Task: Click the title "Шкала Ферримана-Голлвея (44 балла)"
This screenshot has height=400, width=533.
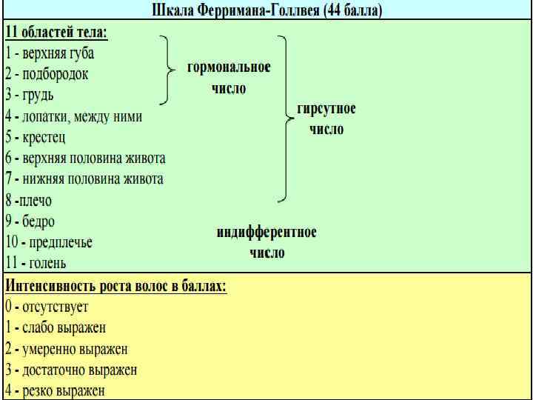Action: tap(266, 12)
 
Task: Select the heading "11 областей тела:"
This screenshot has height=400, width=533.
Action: tap(56, 33)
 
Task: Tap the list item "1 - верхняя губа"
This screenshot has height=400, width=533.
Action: tap(50, 53)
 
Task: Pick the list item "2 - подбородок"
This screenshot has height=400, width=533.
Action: tap(47, 74)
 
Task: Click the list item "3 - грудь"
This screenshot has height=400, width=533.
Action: tap(30, 96)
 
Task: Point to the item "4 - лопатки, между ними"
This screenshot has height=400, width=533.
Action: tap(74, 116)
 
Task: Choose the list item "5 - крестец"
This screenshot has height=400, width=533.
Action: tap(36, 137)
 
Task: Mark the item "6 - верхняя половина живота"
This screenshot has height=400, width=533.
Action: tap(85, 158)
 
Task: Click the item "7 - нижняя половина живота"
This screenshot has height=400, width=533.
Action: tap(84, 179)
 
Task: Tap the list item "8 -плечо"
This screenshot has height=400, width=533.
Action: tap(29, 200)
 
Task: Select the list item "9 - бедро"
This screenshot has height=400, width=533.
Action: tap(30, 221)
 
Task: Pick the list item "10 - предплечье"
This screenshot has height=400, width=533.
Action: tap(49, 242)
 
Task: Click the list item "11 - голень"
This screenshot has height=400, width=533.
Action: tap(36, 263)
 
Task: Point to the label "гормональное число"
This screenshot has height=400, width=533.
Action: tap(228, 77)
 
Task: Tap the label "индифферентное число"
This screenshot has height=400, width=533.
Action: tap(266, 241)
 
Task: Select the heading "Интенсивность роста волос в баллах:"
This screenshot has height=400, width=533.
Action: tap(116, 285)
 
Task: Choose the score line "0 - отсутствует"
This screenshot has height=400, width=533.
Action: tap(47, 306)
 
